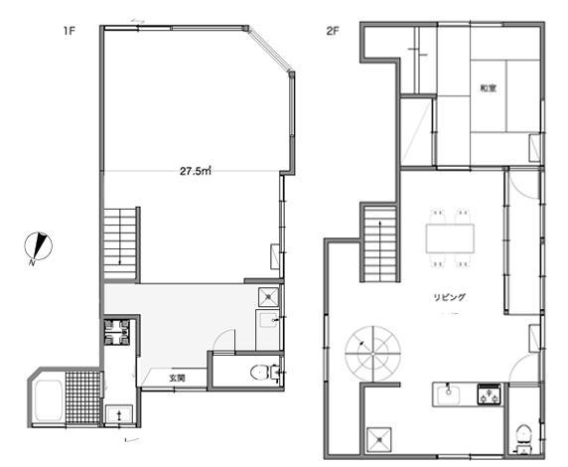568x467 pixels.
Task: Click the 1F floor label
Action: [x=69, y=31]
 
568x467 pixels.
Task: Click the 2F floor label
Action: [x=333, y=31]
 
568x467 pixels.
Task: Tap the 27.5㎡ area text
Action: [x=196, y=171]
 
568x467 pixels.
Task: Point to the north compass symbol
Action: [x=39, y=247]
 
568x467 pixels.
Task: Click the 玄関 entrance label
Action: [x=178, y=379]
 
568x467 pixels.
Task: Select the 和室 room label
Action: [x=488, y=88]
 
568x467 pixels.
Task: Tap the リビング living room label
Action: [x=449, y=297]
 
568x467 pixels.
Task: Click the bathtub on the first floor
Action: [x=49, y=400]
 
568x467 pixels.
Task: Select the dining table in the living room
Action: [x=450, y=238]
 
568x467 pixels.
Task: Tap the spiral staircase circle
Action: [x=372, y=354]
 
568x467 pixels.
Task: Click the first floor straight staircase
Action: [x=120, y=243]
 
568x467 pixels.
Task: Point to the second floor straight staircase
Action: [x=380, y=243]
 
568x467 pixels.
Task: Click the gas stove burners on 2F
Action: [x=490, y=394]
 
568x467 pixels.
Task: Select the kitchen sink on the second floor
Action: [x=449, y=394]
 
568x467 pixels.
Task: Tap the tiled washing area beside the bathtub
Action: [x=83, y=397]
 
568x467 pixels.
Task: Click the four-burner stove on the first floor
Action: [x=116, y=332]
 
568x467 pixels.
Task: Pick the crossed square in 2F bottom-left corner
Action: [x=379, y=440]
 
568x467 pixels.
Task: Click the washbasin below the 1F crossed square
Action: [x=268, y=319]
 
